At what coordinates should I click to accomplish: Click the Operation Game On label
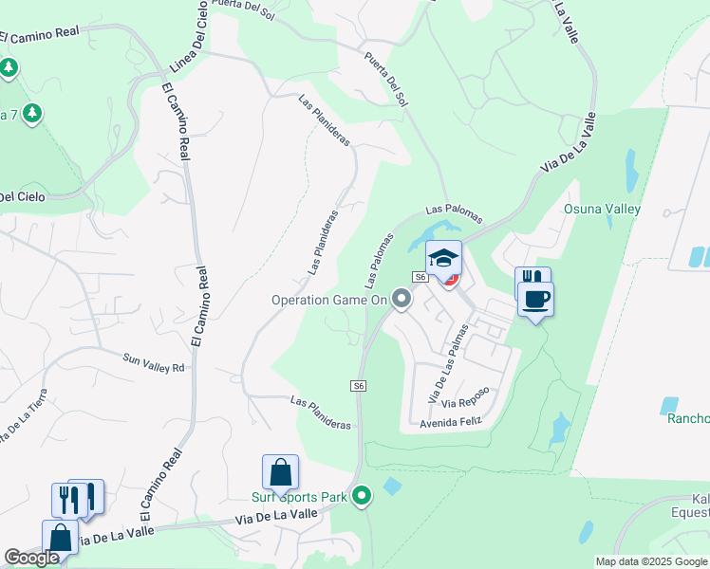click(329, 300)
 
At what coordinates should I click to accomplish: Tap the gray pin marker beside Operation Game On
click(402, 300)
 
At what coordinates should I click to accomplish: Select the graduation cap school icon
click(443, 257)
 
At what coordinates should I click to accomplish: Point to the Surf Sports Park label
click(299, 496)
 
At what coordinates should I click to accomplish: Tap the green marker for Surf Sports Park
click(362, 496)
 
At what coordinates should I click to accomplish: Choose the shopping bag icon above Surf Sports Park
click(281, 471)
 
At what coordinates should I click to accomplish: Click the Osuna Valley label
click(602, 209)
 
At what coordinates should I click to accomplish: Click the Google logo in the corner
click(31, 558)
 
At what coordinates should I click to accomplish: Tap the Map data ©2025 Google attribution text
click(651, 561)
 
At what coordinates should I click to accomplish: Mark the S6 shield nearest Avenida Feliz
click(358, 385)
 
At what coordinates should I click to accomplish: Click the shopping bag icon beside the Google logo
click(61, 538)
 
